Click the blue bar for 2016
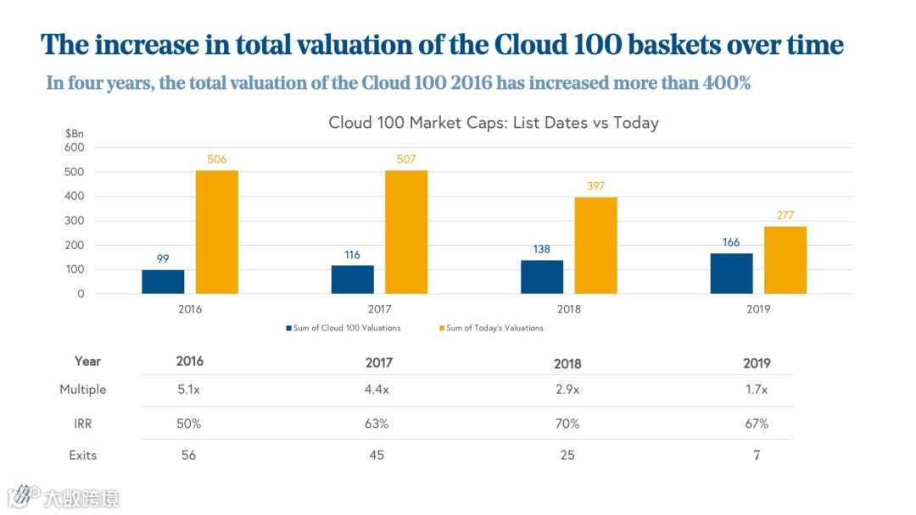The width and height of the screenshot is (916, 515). pyautogui.click(x=163, y=281)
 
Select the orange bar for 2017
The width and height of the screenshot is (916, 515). pyautogui.click(x=406, y=232)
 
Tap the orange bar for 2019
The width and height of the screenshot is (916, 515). pyautogui.click(x=785, y=260)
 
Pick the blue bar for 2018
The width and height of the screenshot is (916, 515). pyautogui.click(x=542, y=276)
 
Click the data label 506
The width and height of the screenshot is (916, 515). pyautogui.click(x=216, y=160)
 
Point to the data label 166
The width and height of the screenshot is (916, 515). pyautogui.click(x=731, y=242)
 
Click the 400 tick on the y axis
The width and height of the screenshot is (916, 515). pyautogui.click(x=75, y=197)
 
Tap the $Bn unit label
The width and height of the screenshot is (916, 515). pyautogui.click(x=74, y=134)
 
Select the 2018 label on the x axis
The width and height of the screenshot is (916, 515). pyautogui.click(x=569, y=309)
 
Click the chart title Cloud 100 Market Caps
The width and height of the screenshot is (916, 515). pyautogui.click(x=493, y=123)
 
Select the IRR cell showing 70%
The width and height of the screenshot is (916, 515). pyautogui.click(x=567, y=423)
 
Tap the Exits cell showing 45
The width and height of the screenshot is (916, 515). pyautogui.click(x=377, y=455)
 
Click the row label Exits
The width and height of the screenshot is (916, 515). pyautogui.click(x=83, y=455)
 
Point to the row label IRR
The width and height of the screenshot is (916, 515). pyautogui.click(x=83, y=423)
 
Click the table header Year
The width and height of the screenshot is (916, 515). pyautogui.click(x=87, y=361)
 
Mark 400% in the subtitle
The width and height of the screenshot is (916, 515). pyautogui.click(x=720, y=83)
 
